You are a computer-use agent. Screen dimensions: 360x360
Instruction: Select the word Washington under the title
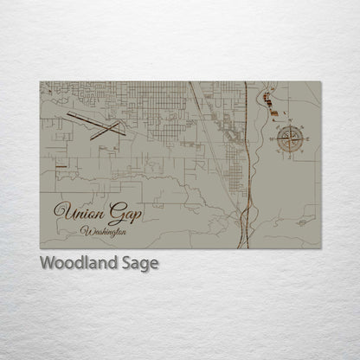102,231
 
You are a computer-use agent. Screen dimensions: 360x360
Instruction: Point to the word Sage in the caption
138,263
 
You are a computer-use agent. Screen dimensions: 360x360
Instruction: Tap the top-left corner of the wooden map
40,82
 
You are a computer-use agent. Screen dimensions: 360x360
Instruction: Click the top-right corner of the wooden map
321,82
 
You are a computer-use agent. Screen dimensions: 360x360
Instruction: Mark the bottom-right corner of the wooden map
321,249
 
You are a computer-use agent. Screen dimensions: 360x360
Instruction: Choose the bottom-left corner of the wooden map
40,249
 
